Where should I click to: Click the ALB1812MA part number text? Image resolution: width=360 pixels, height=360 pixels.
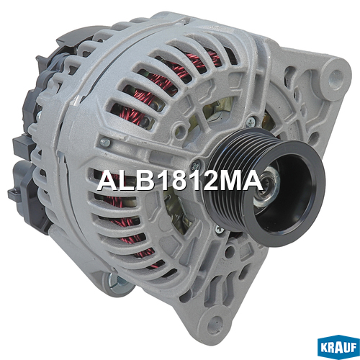(180, 181)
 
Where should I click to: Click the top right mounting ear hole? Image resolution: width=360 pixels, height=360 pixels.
(336, 77)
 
